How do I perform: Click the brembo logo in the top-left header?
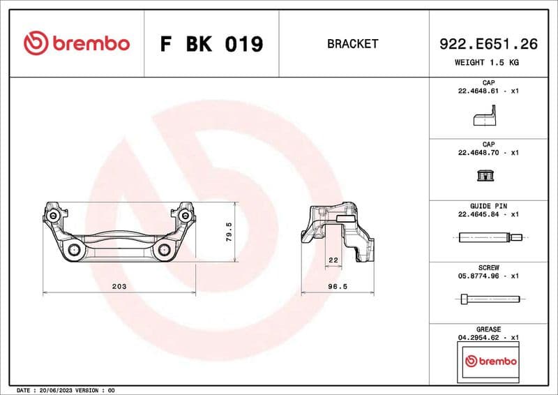coord(77,43)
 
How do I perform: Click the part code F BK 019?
coord(211,44)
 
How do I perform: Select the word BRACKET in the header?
coord(352,44)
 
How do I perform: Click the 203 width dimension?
coord(119,287)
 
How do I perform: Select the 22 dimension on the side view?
coord(333,260)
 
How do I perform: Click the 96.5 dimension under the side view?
coord(338,287)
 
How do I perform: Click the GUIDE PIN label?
coord(488,207)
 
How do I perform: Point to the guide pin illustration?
coord(488,237)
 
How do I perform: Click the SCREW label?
coord(488,268)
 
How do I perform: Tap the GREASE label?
coord(488,329)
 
